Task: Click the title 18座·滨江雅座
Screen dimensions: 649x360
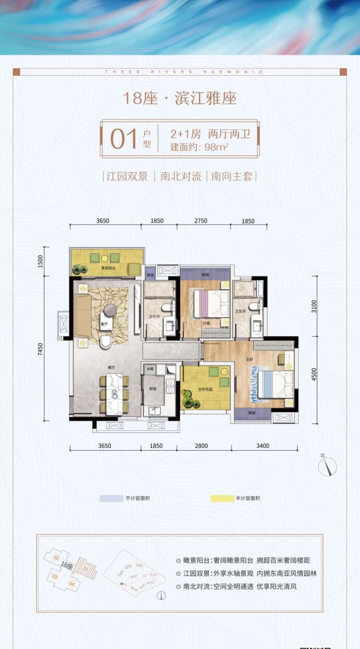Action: (179, 98)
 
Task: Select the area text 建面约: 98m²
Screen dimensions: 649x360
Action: (200, 147)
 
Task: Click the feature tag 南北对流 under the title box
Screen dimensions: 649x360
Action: (181, 176)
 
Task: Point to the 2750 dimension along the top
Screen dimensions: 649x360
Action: (201, 221)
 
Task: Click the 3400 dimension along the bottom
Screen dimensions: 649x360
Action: (263, 446)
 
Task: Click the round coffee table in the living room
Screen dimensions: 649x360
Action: (111, 310)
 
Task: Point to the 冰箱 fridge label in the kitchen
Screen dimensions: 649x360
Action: (150, 368)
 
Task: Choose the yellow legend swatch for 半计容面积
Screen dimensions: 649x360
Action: (221, 499)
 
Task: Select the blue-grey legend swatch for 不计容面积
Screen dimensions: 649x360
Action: (111, 499)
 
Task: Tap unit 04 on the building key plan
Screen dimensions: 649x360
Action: (72, 584)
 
